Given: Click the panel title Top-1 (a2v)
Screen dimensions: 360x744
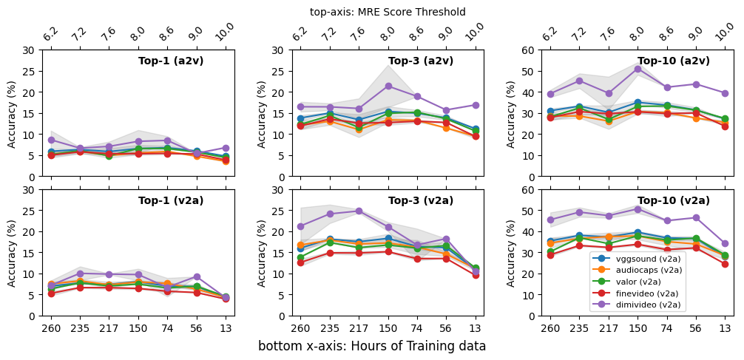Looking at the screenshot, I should (171, 61).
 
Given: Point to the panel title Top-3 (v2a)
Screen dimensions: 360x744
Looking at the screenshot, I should (421, 200).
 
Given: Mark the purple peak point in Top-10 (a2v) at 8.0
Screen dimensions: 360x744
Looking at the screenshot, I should (638, 69).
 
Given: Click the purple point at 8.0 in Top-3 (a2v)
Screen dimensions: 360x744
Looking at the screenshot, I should (388, 86).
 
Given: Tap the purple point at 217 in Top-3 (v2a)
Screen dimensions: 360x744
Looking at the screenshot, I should (359, 211).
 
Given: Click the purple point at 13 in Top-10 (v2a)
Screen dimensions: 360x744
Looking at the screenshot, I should (725, 243).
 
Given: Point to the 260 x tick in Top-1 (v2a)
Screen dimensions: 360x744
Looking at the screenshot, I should (51, 328).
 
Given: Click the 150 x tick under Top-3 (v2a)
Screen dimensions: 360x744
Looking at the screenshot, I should (388, 328).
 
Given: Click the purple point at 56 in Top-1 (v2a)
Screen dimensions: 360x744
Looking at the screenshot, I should (196, 276).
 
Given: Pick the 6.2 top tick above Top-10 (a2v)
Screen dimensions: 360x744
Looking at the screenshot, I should (549, 34).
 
